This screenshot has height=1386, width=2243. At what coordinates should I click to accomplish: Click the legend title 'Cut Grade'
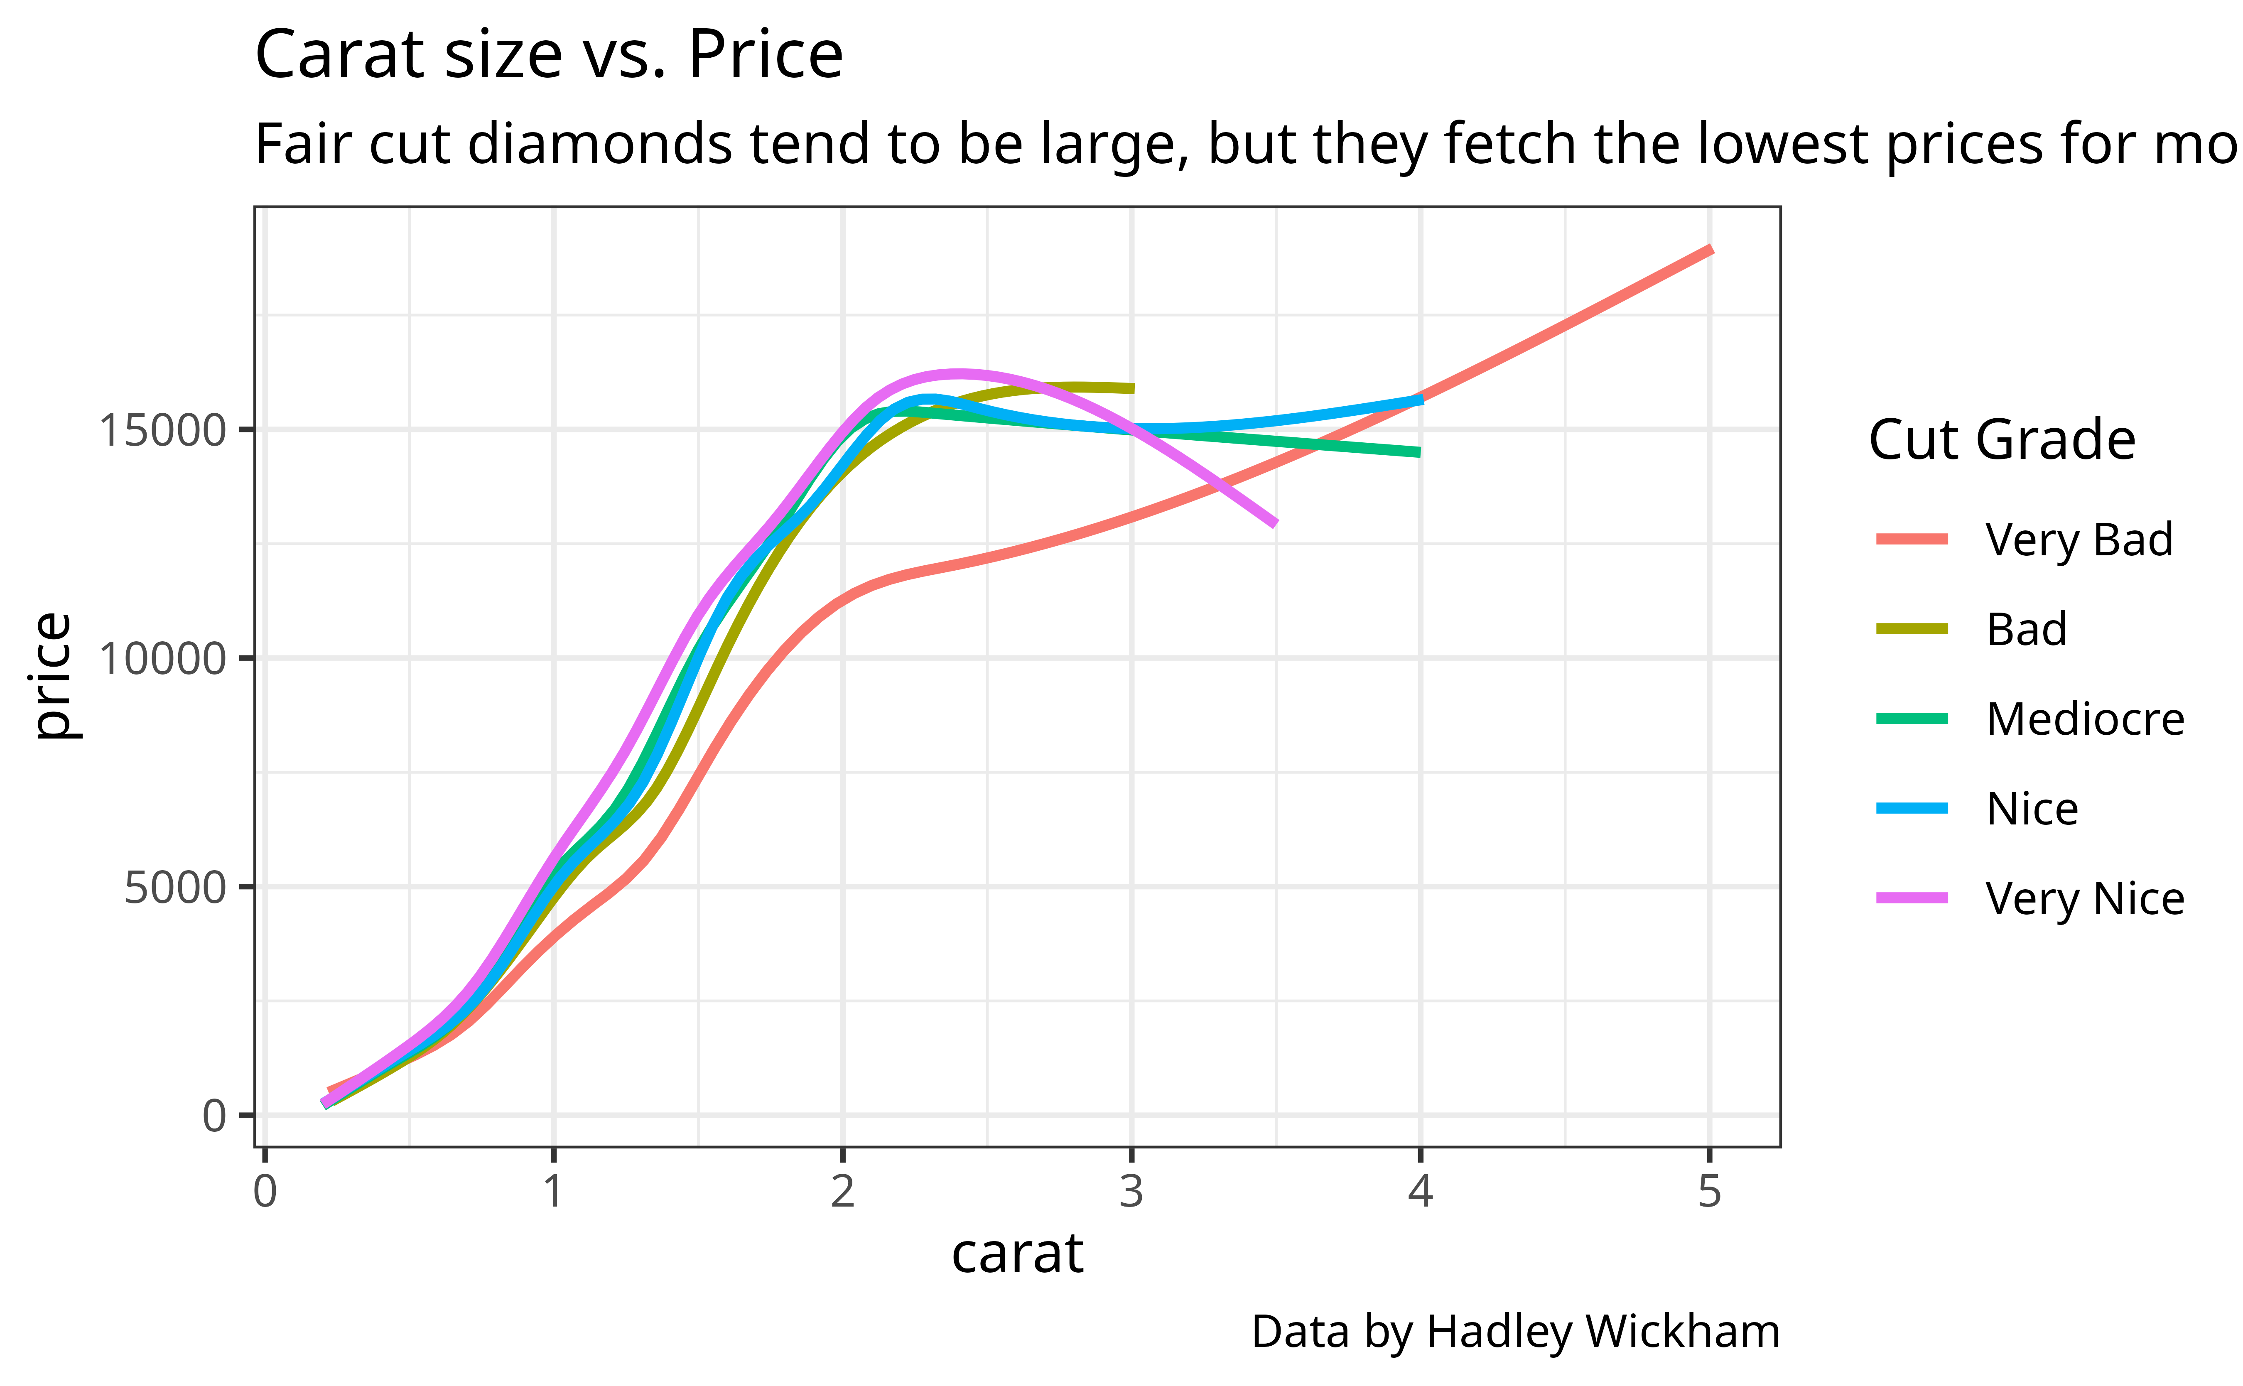point(2002,440)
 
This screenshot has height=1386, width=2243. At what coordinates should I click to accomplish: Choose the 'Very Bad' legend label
point(2079,539)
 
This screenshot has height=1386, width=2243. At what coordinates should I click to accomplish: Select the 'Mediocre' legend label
point(2085,719)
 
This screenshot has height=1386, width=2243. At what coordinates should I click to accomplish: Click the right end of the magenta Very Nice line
point(1274,523)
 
